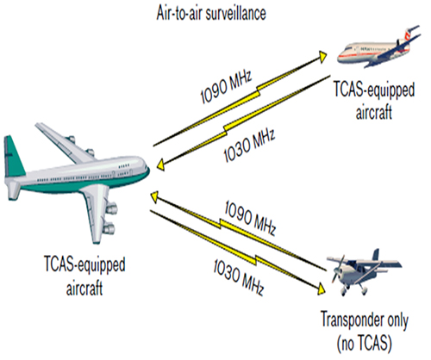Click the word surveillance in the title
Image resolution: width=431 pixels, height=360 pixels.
coord(239,13)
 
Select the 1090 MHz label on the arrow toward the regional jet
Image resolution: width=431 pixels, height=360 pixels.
coord(226,86)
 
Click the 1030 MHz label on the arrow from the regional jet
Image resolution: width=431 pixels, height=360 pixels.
coord(249,146)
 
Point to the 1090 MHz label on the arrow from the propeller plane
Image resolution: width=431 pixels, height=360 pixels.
coord(250,218)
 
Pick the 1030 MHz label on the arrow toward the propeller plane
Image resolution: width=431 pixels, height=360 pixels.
coord(238,277)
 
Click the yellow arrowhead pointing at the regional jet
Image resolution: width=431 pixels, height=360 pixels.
coord(322,57)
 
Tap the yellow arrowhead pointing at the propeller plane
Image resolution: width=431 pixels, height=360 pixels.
coord(321,289)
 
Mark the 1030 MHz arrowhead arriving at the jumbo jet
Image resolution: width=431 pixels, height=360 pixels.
coord(161,165)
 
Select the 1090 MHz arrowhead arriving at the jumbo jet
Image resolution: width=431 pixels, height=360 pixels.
coord(154,197)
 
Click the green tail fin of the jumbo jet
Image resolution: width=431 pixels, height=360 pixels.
coord(13,157)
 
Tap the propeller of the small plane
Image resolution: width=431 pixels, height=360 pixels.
coord(338,270)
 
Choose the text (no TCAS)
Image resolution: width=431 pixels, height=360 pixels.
coord(364,344)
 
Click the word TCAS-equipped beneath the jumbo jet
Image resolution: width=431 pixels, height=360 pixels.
coord(84,264)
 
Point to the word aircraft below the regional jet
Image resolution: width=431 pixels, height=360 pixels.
coord(374,111)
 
